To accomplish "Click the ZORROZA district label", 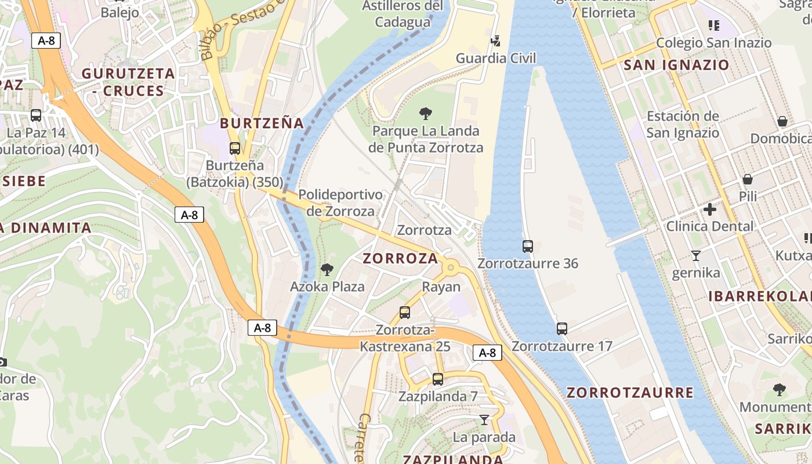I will pos(400,259).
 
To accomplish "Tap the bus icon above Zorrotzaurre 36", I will pos(528,246).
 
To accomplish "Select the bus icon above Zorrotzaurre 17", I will pos(562,329).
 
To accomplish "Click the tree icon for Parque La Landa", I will pos(426,113).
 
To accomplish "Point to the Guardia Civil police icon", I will pos(495,41).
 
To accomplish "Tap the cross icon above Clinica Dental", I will pos(710,209).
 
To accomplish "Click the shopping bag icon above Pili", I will pos(748,179).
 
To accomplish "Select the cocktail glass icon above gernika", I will pos(696,255).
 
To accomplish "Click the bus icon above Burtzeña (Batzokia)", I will pos(235,148).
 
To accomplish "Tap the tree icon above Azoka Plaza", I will pos(327,269).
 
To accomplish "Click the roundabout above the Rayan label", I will pos(451,267).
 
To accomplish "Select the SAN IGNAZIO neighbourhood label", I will pos(676,65).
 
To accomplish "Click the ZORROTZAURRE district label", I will pos(630,393).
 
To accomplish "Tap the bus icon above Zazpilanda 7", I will pos(438,379).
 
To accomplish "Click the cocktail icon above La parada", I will pos(484,419).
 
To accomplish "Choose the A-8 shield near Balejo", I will pos(46,41).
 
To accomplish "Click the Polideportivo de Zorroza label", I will pos(340,202).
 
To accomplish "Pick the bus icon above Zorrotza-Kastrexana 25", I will pos(405,313).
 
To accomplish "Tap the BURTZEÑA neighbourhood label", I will pos(262,123).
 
